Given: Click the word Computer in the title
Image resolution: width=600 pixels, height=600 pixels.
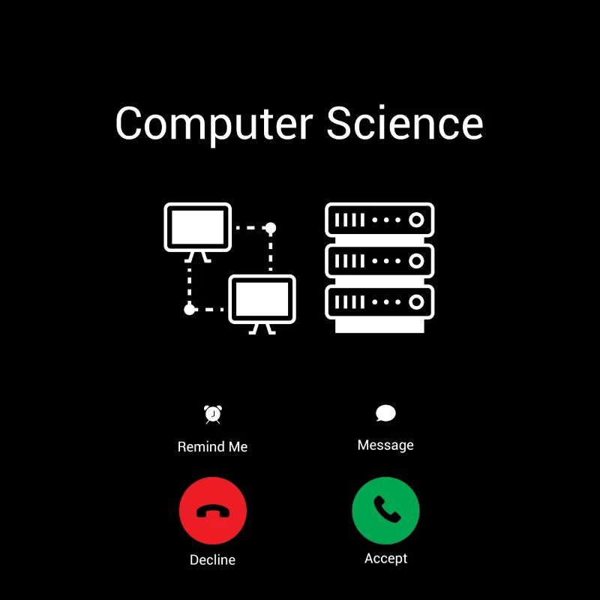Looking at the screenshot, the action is click(214, 124).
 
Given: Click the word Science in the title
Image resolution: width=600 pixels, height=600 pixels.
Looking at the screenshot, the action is click(404, 122).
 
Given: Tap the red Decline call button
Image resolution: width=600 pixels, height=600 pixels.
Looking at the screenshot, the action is click(213, 511).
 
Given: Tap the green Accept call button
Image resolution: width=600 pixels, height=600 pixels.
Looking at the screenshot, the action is click(385, 511).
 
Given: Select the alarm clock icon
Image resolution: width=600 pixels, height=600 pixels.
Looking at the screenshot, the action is click(213, 415).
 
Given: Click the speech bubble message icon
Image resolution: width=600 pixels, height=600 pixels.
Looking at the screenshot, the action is click(385, 413).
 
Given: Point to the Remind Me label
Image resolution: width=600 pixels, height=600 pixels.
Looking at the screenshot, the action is click(213, 446).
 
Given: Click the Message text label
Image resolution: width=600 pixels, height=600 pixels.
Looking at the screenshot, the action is click(385, 445).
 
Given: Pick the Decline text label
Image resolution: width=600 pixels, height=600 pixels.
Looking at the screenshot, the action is click(213, 559).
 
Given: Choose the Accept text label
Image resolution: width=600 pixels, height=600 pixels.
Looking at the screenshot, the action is click(385, 559).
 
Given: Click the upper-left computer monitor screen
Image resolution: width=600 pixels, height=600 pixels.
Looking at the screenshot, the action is click(197, 227).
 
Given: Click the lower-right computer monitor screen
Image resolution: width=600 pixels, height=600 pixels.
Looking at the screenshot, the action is click(262, 299).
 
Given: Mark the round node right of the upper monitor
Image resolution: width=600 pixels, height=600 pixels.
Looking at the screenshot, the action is click(271, 228).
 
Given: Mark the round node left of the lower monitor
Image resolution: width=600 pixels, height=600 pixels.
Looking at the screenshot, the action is click(190, 309).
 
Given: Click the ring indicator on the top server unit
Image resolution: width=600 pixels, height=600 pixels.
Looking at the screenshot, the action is click(416, 220).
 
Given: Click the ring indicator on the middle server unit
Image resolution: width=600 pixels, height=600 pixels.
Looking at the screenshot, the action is click(416, 261).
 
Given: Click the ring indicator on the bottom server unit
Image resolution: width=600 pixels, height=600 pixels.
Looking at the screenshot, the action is click(416, 302).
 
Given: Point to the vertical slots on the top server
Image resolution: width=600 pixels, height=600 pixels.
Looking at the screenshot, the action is click(349, 220).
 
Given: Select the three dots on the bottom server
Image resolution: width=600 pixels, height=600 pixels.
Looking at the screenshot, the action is click(386, 302).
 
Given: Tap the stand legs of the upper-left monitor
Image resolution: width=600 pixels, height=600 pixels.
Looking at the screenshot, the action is click(197, 257).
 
